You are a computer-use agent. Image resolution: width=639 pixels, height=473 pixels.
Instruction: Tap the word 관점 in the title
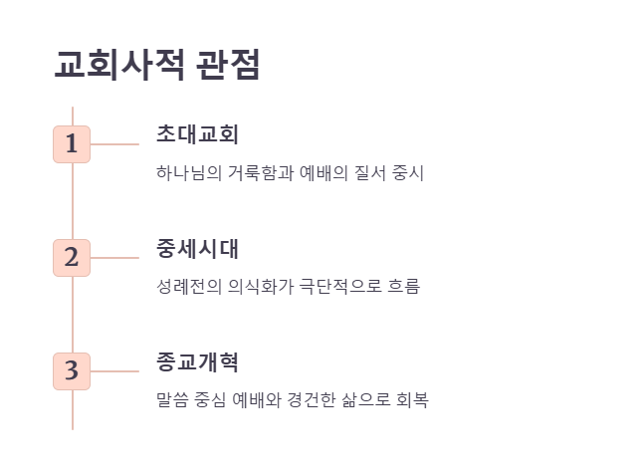(x=229, y=65)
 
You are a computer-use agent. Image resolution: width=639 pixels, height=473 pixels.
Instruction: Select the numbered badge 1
(x=72, y=143)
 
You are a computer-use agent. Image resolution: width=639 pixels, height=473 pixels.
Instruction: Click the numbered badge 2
(x=72, y=257)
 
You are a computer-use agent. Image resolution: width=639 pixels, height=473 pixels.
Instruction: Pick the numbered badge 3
(x=72, y=370)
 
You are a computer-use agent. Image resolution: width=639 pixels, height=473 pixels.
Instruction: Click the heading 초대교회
(x=197, y=134)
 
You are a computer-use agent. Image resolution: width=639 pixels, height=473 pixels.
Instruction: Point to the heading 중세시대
(x=197, y=248)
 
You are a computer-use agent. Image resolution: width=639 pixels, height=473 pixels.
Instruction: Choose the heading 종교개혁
(x=197, y=361)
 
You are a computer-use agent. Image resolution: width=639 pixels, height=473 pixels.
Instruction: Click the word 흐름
(x=404, y=287)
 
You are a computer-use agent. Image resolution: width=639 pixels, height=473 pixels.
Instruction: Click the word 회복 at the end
(x=413, y=400)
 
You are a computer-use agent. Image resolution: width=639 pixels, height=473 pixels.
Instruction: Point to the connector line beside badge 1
(x=114, y=143)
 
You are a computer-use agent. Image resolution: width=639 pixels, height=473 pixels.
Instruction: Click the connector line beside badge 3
(x=114, y=370)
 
